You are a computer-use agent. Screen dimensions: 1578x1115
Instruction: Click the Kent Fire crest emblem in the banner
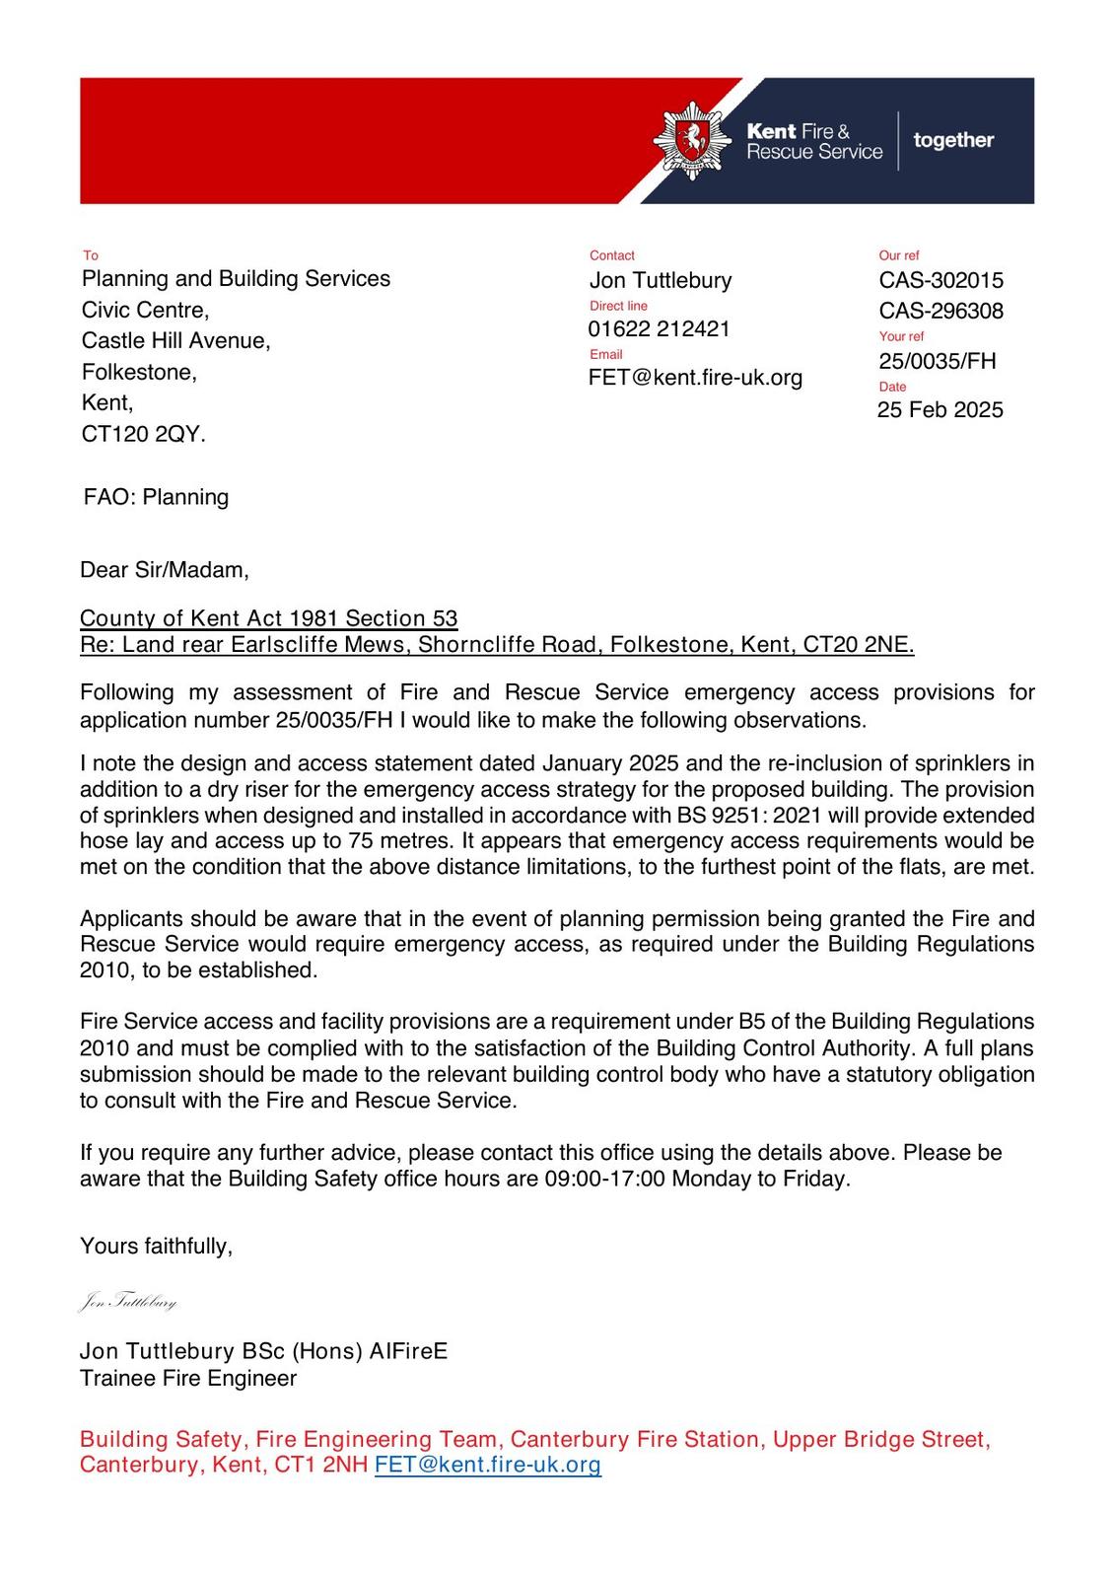point(692,140)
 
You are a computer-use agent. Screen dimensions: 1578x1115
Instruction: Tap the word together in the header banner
point(953,140)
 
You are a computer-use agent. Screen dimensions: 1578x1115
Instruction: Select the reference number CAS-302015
point(941,280)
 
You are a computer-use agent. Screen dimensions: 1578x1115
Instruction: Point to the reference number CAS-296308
point(941,311)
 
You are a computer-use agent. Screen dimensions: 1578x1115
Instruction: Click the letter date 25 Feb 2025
point(940,410)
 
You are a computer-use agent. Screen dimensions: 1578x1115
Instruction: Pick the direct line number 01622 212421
point(659,329)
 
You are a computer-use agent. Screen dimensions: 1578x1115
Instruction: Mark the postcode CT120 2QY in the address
point(144,434)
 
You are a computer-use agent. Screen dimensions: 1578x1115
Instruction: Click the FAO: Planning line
point(156,497)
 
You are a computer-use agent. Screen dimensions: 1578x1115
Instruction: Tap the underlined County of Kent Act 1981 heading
point(268,618)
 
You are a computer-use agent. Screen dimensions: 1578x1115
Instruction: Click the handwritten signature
point(128,1302)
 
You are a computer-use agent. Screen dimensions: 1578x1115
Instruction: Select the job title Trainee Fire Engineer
point(188,1378)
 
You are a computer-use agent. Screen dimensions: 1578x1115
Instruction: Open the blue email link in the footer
point(488,1465)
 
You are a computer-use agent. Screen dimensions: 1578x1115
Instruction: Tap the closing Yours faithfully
point(156,1247)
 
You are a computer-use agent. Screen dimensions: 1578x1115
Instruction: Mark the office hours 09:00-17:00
point(604,1179)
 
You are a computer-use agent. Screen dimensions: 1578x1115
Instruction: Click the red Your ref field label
point(901,336)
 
